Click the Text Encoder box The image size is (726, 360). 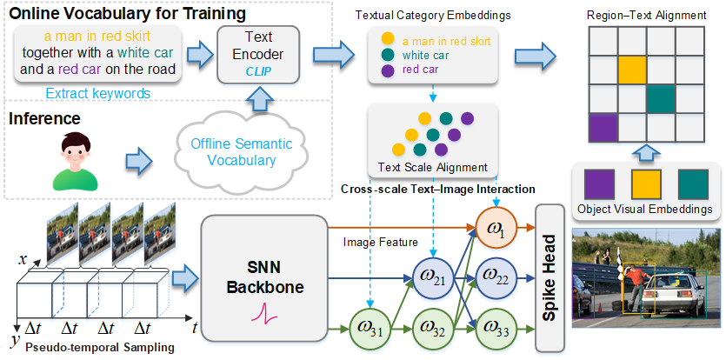click(259, 55)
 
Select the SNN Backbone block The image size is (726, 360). click(264, 278)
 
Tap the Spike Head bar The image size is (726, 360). click(550, 277)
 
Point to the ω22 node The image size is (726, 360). click(492, 277)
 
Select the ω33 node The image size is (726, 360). click(492, 330)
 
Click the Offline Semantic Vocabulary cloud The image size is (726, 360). click(243, 151)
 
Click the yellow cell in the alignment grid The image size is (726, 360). click(632, 70)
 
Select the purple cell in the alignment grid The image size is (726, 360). click(603, 128)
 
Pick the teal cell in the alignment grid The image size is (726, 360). click(661, 99)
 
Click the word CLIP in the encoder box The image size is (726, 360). click(259, 73)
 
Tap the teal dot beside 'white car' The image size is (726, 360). click(389, 56)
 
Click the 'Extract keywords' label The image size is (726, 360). click(98, 94)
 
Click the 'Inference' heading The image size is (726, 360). click(44, 118)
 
